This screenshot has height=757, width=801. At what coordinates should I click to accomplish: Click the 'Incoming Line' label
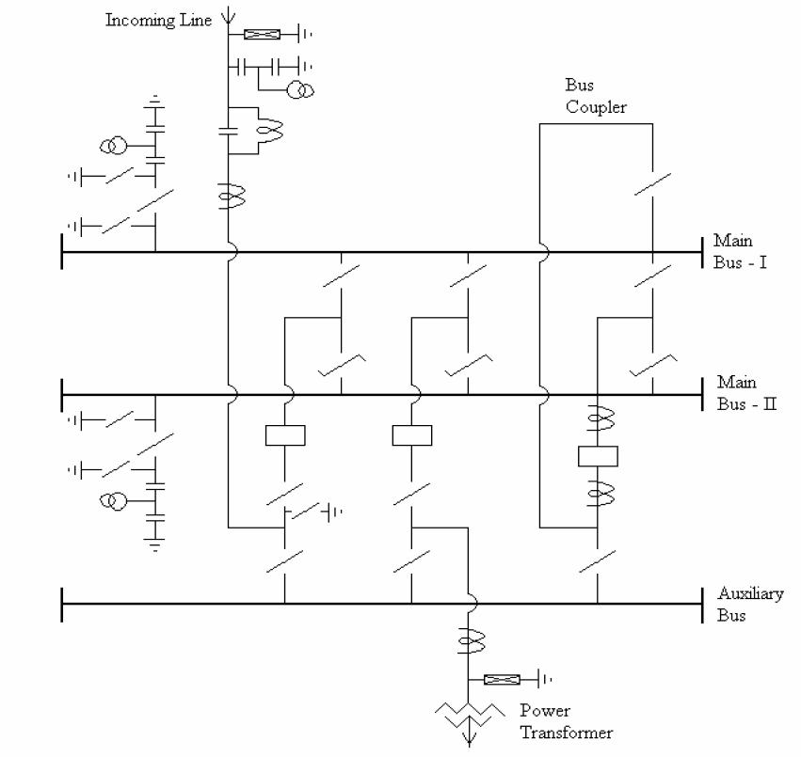click(x=158, y=21)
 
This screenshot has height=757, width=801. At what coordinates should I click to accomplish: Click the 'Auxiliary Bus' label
click(x=749, y=605)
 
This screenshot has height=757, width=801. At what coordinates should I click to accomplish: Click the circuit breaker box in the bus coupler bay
click(x=598, y=456)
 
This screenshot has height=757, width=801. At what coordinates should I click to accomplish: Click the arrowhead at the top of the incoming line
click(x=227, y=16)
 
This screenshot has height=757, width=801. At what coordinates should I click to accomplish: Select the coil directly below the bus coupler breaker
click(x=598, y=491)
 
